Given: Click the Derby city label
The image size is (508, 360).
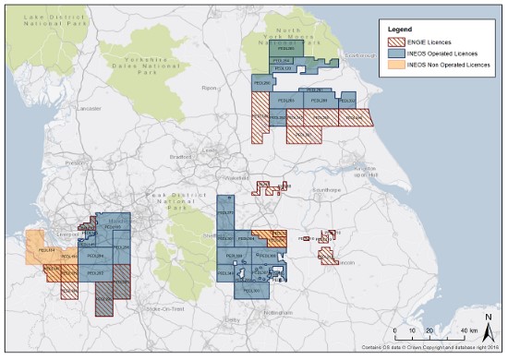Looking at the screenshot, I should [x=231, y=319].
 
